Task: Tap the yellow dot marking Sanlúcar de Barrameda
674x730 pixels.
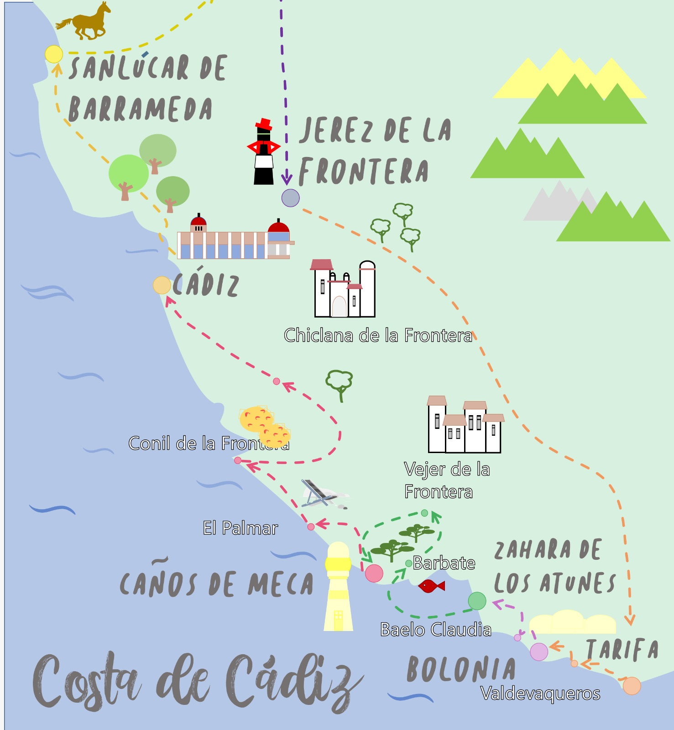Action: tap(54, 54)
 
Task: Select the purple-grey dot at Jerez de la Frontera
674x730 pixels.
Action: tap(290, 198)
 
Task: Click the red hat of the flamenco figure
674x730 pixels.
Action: tap(264, 124)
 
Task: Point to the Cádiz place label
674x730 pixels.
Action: tap(206, 285)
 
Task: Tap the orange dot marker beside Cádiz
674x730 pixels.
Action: tap(162, 285)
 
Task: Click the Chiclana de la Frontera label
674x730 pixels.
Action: tap(378, 335)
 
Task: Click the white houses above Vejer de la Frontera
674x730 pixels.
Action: tap(465, 425)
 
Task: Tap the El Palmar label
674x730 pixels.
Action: tap(240, 528)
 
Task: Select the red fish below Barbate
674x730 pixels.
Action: tap(431, 586)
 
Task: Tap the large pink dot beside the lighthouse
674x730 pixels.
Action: tap(374, 574)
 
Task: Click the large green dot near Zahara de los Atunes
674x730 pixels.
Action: tap(477, 601)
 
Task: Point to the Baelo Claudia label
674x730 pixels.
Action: tap(436, 630)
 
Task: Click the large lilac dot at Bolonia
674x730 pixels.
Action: tap(539, 652)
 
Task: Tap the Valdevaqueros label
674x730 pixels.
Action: tap(540, 693)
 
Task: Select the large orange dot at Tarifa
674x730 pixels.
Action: tap(632, 686)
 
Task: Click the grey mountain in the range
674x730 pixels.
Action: tap(554, 203)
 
